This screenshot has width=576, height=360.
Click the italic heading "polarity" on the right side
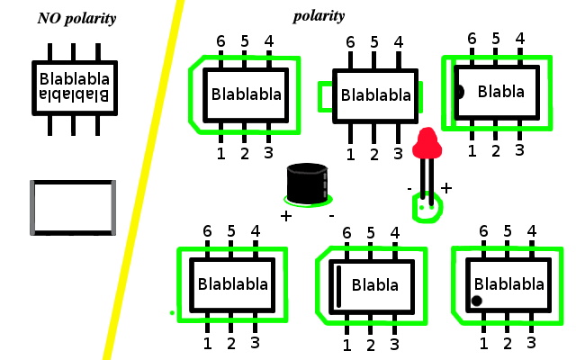pos(319,15)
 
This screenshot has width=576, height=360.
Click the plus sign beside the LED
pos(445,188)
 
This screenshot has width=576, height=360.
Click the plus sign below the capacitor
pos(286,216)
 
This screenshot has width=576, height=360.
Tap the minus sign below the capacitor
pos(330,216)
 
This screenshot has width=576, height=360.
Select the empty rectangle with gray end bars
pos(73,207)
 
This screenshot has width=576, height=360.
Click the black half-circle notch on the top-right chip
pos(460,91)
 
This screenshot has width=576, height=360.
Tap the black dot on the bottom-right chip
pos(476,301)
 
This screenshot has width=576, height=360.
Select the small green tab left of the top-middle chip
pos(325,94)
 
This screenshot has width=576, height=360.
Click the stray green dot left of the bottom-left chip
pos(172,312)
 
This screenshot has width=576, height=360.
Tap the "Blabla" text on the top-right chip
pos(501,91)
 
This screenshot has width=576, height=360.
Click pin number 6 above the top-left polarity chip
pos(220,42)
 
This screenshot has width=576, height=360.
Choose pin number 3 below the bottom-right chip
pos(531,342)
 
